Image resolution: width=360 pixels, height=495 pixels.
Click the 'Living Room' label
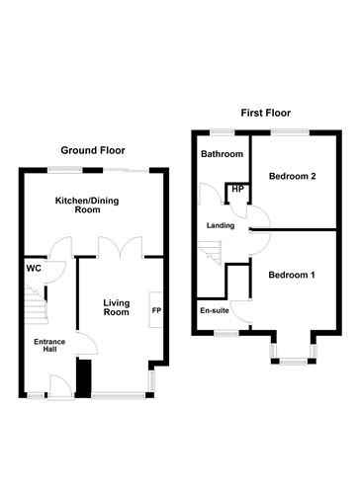click(x=117, y=306)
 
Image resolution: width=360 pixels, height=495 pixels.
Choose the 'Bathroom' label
click(x=223, y=155)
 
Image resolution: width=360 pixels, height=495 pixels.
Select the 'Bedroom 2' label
click(x=293, y=177)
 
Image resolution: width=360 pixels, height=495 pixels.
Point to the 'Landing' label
click(x=220, y=225)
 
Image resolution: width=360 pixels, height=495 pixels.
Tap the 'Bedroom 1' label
click(x=293, y=274)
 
